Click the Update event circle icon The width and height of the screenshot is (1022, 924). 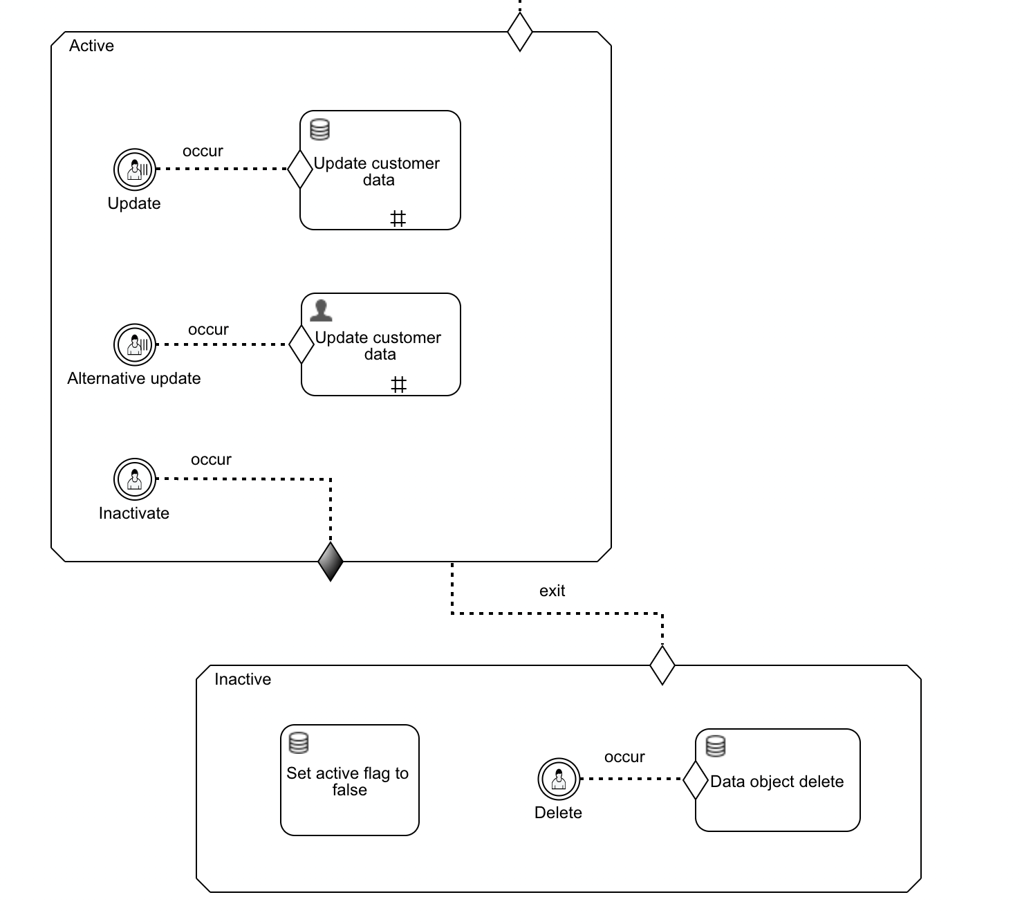pyautogui.click(x=135, y=169)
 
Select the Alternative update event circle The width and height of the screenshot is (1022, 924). pyautogui.click(x=135, y=344)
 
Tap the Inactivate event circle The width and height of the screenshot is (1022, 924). pyautogui.click(x=135, y=479)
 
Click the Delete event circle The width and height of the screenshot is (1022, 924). pyautogui.click(x=559, y=779)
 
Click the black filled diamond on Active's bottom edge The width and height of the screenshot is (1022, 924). pyautogui.click(x=331, y=562)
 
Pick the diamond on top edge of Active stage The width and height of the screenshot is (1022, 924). pyautogui.click(x=520, y=32)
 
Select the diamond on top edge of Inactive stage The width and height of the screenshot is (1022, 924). pyautogui.click(x=662, y=665)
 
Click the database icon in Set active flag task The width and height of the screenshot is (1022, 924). pyautogui.click(x=299, y=743)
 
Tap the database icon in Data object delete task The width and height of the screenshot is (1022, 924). pyautogui.click(x=716, y=746)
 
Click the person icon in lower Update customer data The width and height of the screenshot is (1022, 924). pyautogui.click(x=321, y=311)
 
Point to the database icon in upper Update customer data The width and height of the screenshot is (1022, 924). pyautogui.click(x=319, y=129)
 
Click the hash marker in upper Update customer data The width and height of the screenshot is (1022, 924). pyautogui.click(x=398, y=219)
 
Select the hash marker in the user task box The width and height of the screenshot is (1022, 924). pyautogui.click(x=399, y=385)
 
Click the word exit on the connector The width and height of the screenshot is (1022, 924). pyautogui.click(x=552, y=591)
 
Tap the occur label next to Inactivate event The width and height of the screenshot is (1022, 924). pyautogui.click(x=211, y=459)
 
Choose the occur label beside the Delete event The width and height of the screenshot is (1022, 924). pyautogui.click(x=624, y=757)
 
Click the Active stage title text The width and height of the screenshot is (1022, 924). pyautogui.click(x=91, y=46)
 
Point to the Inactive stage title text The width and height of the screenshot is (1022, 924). pyautogui.click(x=243, y=679)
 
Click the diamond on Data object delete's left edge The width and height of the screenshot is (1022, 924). pyautogui.click(x=696, y=779)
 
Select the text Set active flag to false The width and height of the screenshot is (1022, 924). pyautogui.click(x=348, y=782)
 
